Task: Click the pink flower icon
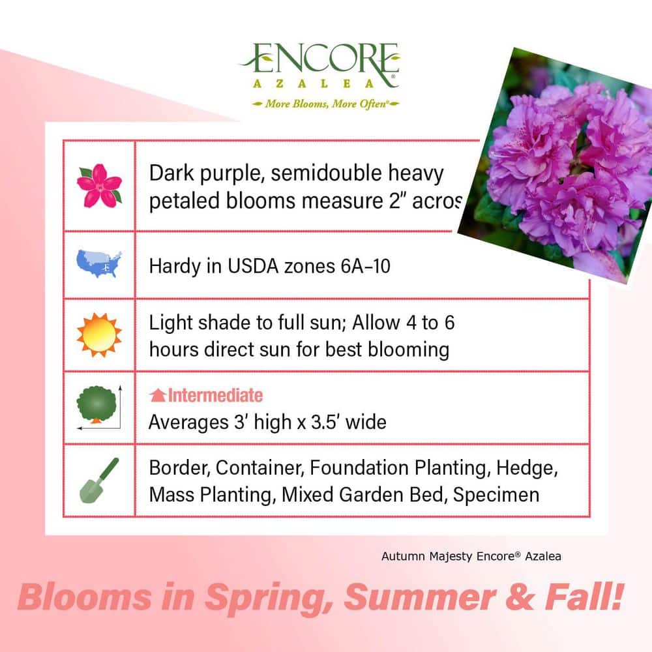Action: [99, 185]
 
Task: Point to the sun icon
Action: [99, 335]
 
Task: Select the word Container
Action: [259, 467]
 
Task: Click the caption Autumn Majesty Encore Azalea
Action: [471, 556]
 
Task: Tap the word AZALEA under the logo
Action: [319, 83]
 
